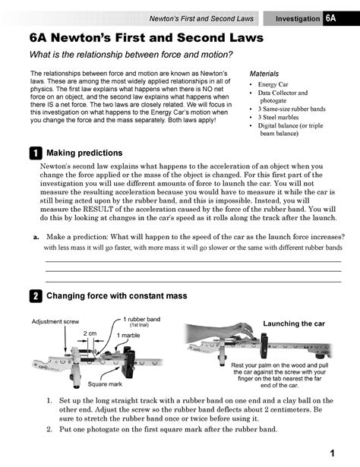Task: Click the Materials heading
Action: (x=264, y=74)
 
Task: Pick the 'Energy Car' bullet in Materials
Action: (x=277, y=84)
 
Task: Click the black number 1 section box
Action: (x=35, y=153)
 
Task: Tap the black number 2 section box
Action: (x=35, y=295)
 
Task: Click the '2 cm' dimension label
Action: (x=90, y=333)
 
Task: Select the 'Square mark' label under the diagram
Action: (x=103, y=384)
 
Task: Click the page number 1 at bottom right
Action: (x=333, y=453)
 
